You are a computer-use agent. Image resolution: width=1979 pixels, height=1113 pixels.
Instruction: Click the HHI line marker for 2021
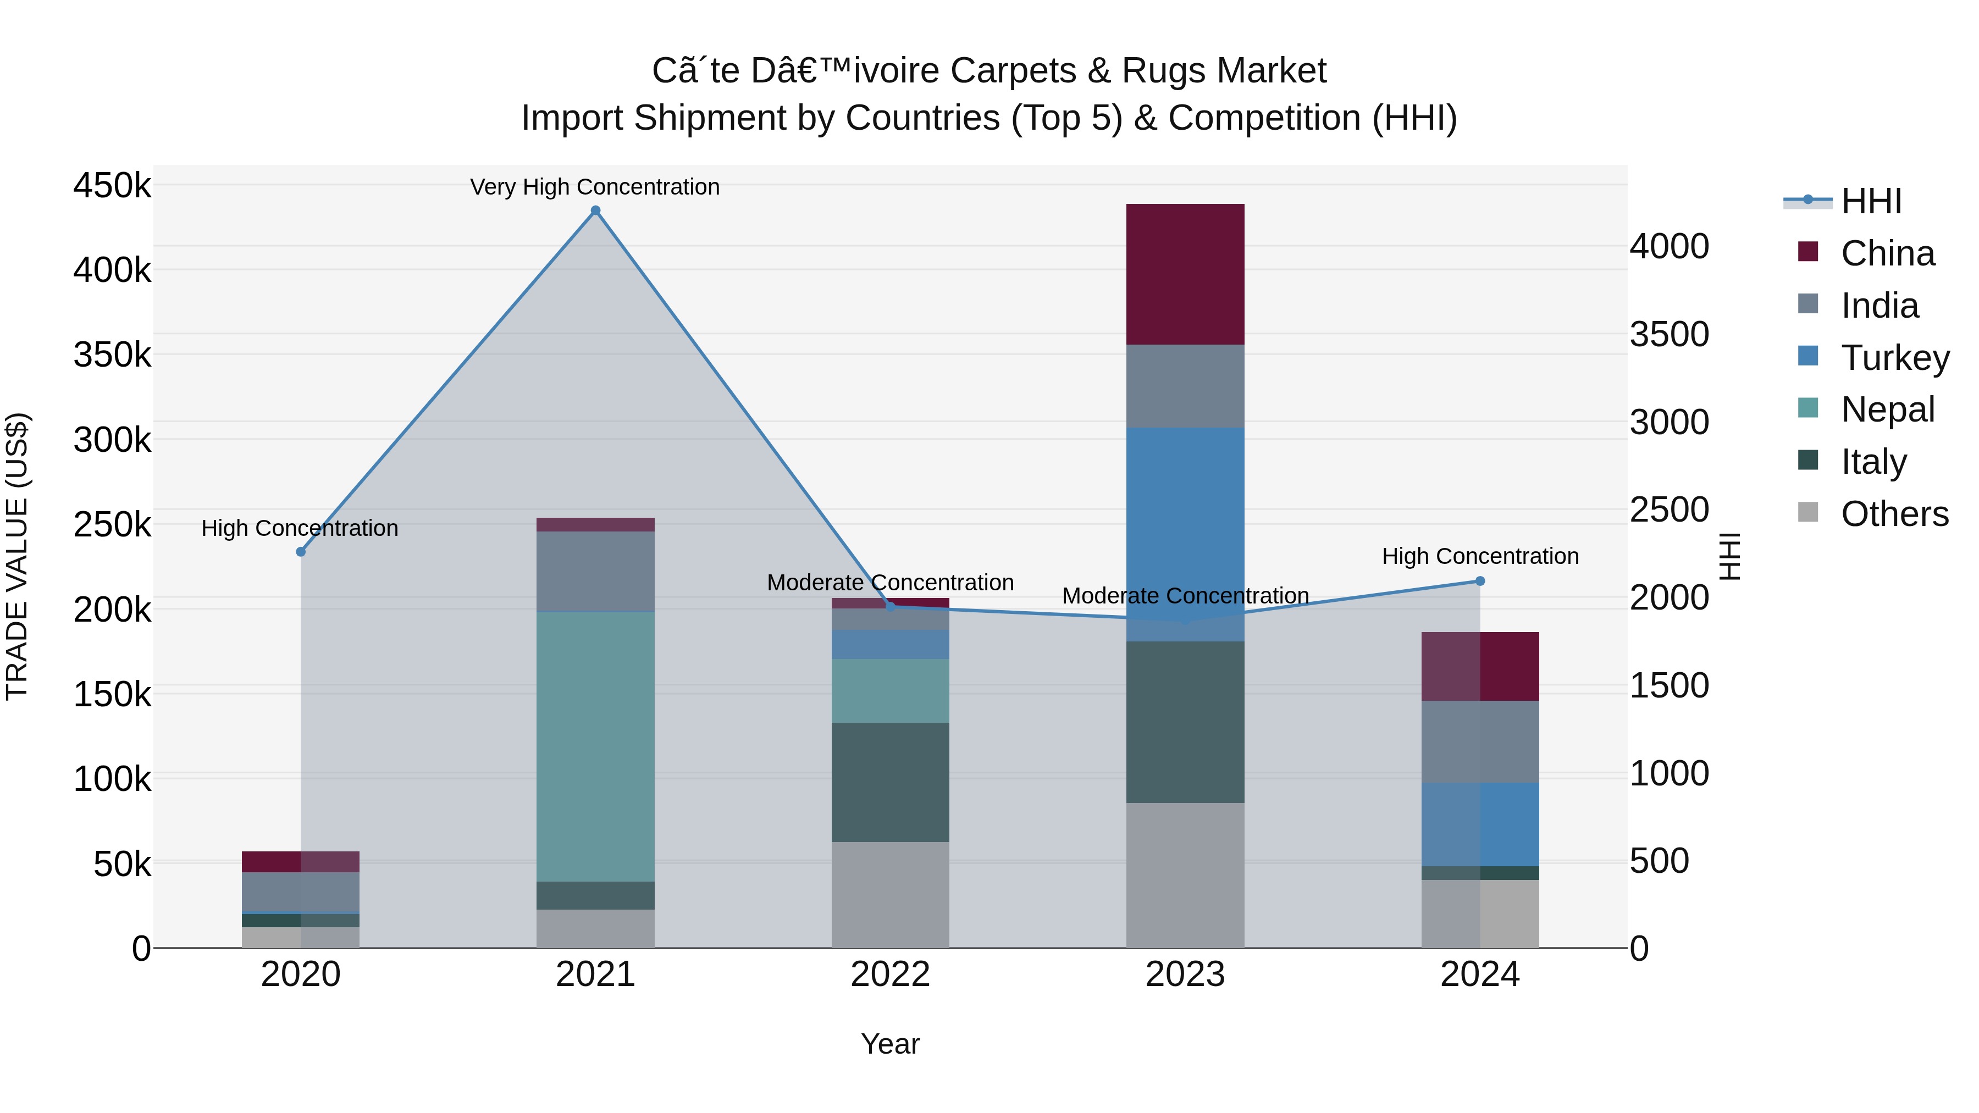[x=595, y=211]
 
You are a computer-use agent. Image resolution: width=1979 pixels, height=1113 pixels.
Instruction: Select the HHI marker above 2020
[x=300, y=551]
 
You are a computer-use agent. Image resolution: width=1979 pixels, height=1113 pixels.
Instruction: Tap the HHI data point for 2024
[x=1480, y=581]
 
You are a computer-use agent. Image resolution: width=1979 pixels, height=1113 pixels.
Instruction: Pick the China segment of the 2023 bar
[x=1185, y=274]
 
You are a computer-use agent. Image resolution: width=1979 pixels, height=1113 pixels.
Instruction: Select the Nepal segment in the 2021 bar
[x=595, y=746]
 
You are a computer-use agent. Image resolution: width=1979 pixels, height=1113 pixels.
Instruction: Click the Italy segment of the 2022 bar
[x=891, y=782]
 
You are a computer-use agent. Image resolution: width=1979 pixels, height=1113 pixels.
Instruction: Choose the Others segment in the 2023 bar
[x=1185, y=875]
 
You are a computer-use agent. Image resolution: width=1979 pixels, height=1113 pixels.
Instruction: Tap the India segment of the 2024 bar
[x=1480, y=741]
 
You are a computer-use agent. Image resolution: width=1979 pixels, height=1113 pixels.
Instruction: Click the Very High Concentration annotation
[x=595, y=187]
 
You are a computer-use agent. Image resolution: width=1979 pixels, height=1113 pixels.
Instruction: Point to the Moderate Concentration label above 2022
[x=891, y=582]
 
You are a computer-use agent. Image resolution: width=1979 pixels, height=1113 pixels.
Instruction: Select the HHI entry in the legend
[x=1871, y=201]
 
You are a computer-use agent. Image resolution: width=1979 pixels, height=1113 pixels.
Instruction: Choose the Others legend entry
[x=1894, y=514]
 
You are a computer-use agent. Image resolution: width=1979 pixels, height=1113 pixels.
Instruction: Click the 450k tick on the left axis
[x=112, y=186]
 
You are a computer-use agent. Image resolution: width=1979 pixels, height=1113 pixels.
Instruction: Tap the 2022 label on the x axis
[x=891, y=974]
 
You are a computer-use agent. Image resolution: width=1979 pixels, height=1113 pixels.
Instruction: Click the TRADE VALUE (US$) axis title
[x=17, y=556]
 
